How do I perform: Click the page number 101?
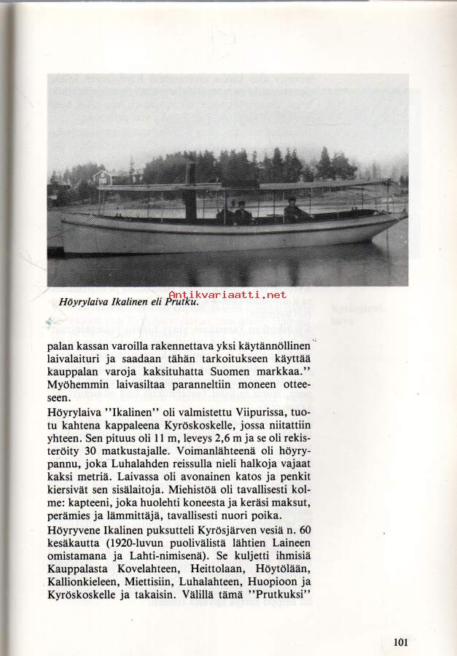pyautogui.click(x=399, y=642)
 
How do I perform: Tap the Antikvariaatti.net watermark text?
pyautogui.click(x=228, y=294)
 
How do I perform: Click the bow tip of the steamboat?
pyautogui.click(x=403, y=216)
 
